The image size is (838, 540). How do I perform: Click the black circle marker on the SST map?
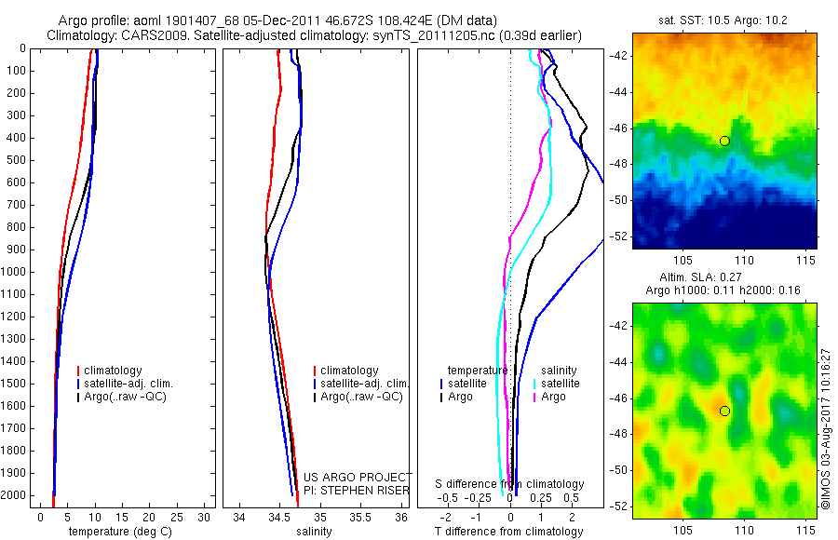(724, 141)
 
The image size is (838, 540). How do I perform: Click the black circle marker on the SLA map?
(724, 411)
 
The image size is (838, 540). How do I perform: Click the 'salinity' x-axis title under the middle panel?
(312, 532)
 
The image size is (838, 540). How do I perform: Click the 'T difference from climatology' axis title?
(508, 532)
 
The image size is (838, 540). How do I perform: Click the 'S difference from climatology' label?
(510, 484)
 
